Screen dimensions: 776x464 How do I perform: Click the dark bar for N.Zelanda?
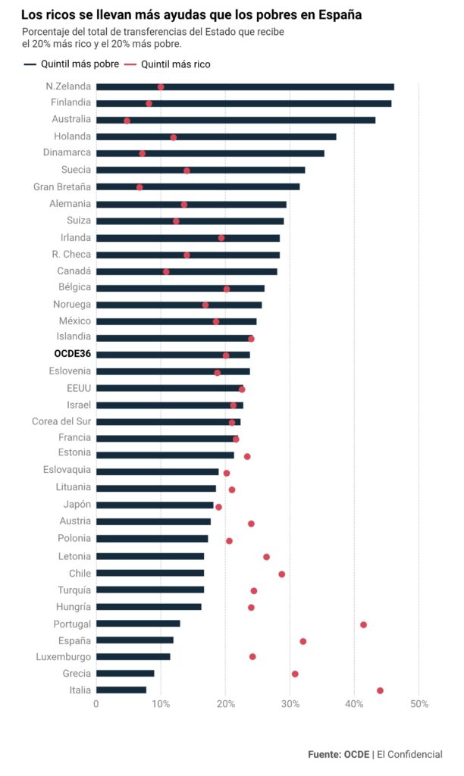pos(244,87)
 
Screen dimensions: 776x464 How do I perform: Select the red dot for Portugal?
pos(363,624)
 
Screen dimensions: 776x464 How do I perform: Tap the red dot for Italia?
pos(380,690)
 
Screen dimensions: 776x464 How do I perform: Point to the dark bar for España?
pos(134,640)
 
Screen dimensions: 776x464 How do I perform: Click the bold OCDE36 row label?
pos(72,354)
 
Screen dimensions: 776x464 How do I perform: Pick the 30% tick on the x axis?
pos(290,704)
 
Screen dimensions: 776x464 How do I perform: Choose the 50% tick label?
pos(419,704)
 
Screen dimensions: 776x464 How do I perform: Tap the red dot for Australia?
pos(127,120)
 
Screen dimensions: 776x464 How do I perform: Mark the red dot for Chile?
pos(282,574)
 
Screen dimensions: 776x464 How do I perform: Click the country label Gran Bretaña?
pos(62,186)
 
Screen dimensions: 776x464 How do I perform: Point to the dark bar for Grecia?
pos(125,673)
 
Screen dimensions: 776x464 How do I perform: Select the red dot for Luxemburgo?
pos(252,656)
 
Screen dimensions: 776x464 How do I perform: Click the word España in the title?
pos(337,14)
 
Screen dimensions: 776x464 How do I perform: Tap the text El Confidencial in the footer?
pos(409,754)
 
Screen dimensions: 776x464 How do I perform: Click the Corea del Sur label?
pos(61,421)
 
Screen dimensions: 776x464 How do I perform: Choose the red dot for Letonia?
pos(266,557)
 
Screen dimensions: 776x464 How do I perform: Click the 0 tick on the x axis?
pos(96,704)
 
